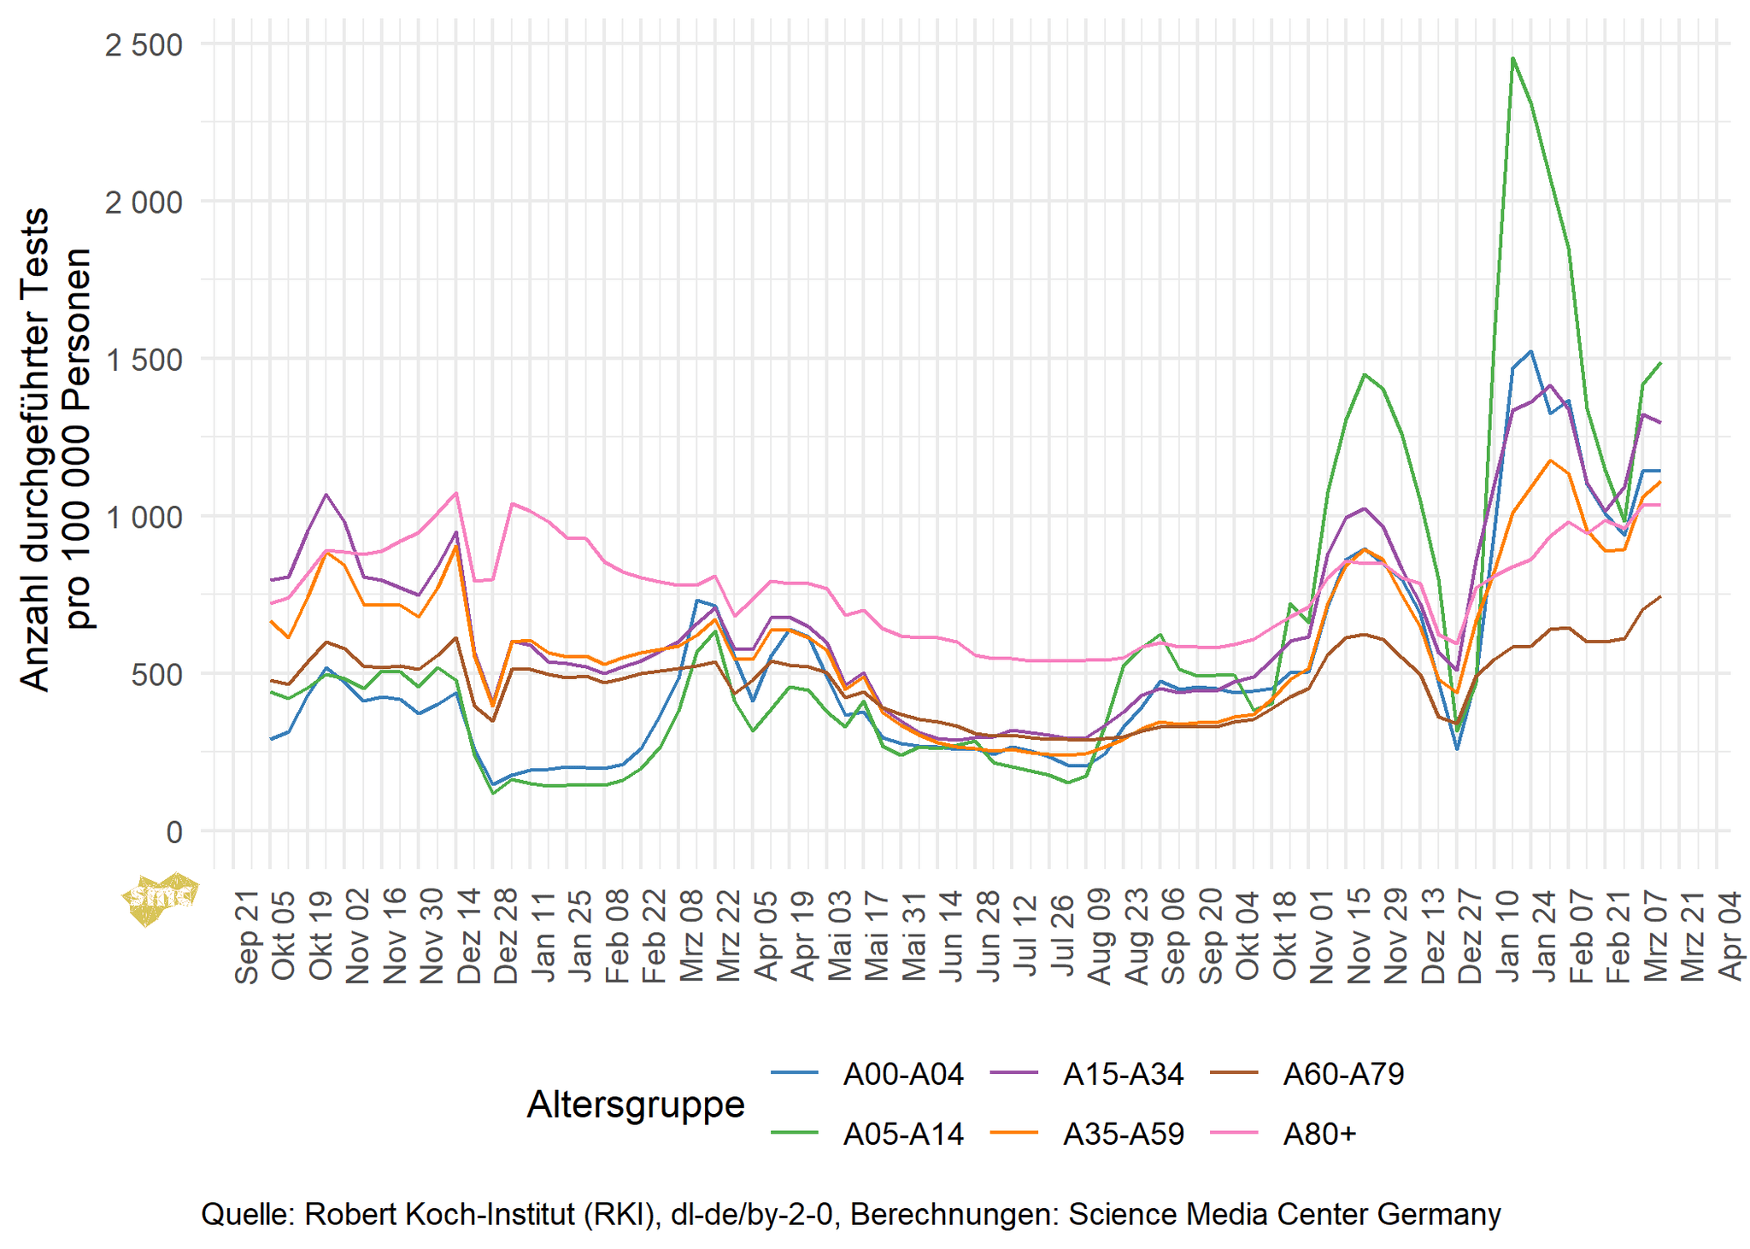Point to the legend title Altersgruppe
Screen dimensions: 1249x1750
(636, 1104)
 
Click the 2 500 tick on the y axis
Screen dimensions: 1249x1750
(144, 44)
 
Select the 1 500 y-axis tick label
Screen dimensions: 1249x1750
(144, 360)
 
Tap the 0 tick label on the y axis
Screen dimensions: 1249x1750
(174, 831)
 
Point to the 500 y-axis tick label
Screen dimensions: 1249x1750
(156, 674)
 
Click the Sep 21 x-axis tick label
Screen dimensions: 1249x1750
(247, 937)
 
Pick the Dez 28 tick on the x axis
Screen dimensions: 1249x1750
(506, 937)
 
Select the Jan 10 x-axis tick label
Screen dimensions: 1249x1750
(1507, 937)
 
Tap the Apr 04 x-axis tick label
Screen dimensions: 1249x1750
(1730, 937)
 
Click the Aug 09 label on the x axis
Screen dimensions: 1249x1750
(1099, 937)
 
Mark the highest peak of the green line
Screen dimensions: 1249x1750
(1512, 58)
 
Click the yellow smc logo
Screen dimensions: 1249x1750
(160, 898)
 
